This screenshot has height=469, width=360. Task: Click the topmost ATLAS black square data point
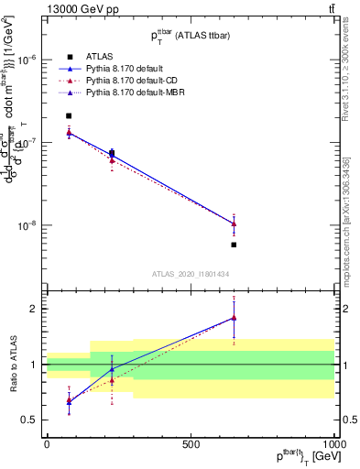point(70,116)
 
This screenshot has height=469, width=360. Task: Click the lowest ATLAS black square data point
point(235,245)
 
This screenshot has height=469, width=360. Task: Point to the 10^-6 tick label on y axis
point(26,60)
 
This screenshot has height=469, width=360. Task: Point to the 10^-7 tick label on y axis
point(26,142)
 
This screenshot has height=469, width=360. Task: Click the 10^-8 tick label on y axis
point(26,225)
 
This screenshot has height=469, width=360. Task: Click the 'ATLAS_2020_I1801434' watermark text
point(190,274)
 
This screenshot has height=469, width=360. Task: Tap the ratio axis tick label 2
point(32,309)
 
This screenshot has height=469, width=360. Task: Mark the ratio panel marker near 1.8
point(235,318)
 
